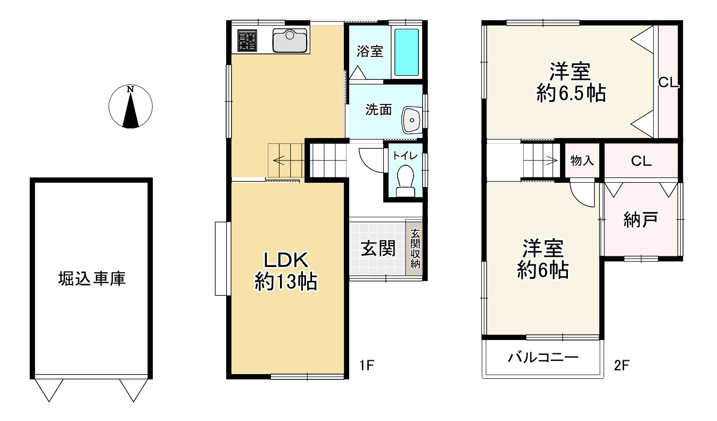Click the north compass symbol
130,107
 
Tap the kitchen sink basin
290,41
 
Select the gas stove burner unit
247,41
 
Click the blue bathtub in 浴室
407,52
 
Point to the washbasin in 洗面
412,120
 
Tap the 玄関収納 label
415,248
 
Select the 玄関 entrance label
378,248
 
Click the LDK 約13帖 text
286,271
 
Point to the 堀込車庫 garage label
92,278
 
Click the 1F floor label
367,365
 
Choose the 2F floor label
622,365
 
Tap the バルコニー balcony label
543,357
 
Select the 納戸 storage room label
640,220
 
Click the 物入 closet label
582,160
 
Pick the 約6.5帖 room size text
571,93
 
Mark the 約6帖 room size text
543,270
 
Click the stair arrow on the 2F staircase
551,160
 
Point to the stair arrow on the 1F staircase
279,160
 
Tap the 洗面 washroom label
378,110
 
